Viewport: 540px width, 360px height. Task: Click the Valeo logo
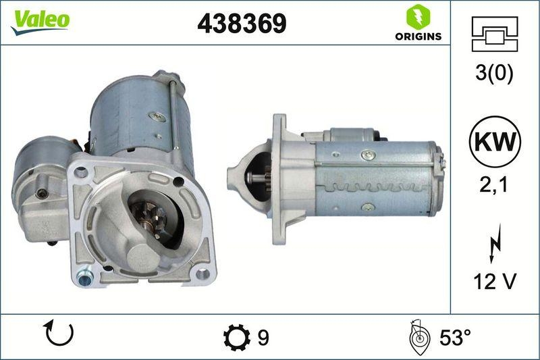(x=40, y=20)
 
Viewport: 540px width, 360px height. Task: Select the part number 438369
(x=242, y=24)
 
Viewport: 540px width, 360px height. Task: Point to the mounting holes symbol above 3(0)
(x=495, y=34)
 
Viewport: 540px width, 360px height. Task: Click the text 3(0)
(x=495, y=74)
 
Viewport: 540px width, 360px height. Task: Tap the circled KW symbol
(x=495, y=144)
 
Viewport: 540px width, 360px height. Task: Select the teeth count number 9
(x=264, y=337)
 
